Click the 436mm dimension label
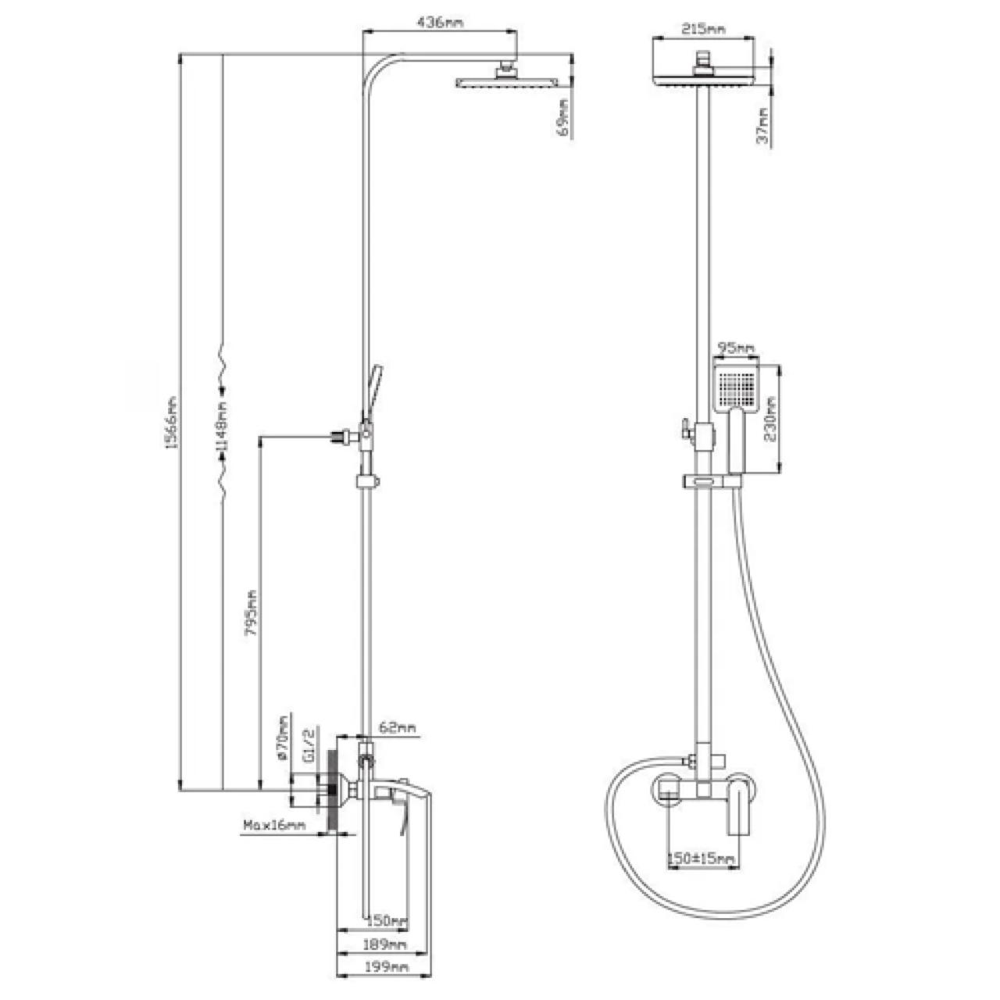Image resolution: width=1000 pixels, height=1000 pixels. click(440, 23)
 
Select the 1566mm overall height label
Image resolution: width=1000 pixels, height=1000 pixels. click(172, 422)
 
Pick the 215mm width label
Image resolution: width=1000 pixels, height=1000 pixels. click(704, 29)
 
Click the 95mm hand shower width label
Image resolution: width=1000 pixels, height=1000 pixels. click(735, 348)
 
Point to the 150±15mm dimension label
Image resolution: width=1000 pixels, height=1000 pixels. click(701, 859)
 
